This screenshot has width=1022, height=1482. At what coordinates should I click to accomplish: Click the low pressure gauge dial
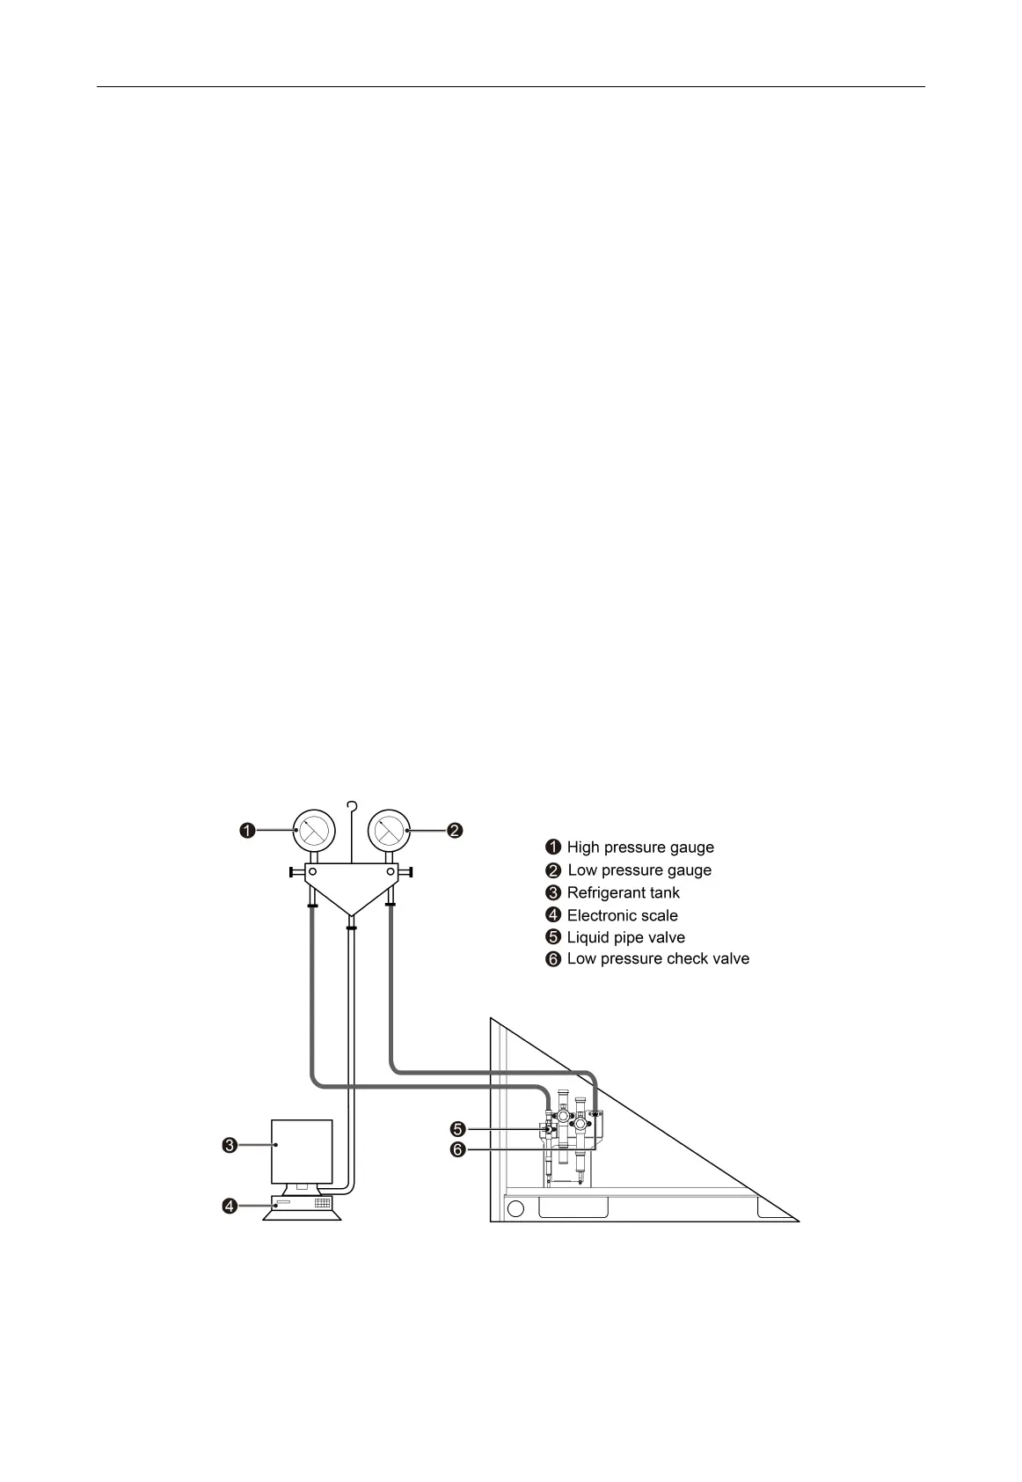(x=387, y=830)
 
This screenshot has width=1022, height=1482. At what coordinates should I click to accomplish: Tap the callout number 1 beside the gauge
(x=248, y=830)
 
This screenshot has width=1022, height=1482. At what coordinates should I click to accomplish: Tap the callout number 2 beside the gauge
(x=455, y=830)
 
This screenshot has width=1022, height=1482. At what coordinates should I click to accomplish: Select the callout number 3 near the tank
(x=229, y=1145)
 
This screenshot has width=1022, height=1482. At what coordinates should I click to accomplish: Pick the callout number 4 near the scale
(x=229, y=1206)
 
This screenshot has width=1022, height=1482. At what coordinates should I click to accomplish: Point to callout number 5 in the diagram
(x=457, y=1128)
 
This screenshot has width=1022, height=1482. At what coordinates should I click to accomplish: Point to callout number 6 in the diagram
(x=457, y=1149)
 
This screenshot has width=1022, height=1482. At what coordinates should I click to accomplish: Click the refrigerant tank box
(x=302, y=1151)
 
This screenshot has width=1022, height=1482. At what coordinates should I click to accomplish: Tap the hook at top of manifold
(x=352, y=805)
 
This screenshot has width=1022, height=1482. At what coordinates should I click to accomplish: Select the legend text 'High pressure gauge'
(x=639, y=847)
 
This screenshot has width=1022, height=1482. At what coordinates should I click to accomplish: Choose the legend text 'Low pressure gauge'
(x=639, y=870)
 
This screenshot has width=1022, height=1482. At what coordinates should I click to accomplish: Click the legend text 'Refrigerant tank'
(x=623, y=892)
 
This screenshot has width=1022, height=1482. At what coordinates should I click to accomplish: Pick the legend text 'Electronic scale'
(x=622, y=915)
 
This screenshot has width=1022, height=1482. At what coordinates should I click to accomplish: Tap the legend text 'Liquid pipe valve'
(x=625, y=937)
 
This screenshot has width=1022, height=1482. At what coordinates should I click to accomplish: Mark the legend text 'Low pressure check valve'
(x=658, y=958)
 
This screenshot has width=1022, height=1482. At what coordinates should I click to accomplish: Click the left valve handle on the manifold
(x=293, y=873)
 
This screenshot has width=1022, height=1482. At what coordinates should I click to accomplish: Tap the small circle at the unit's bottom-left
(x=516, y=1208)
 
